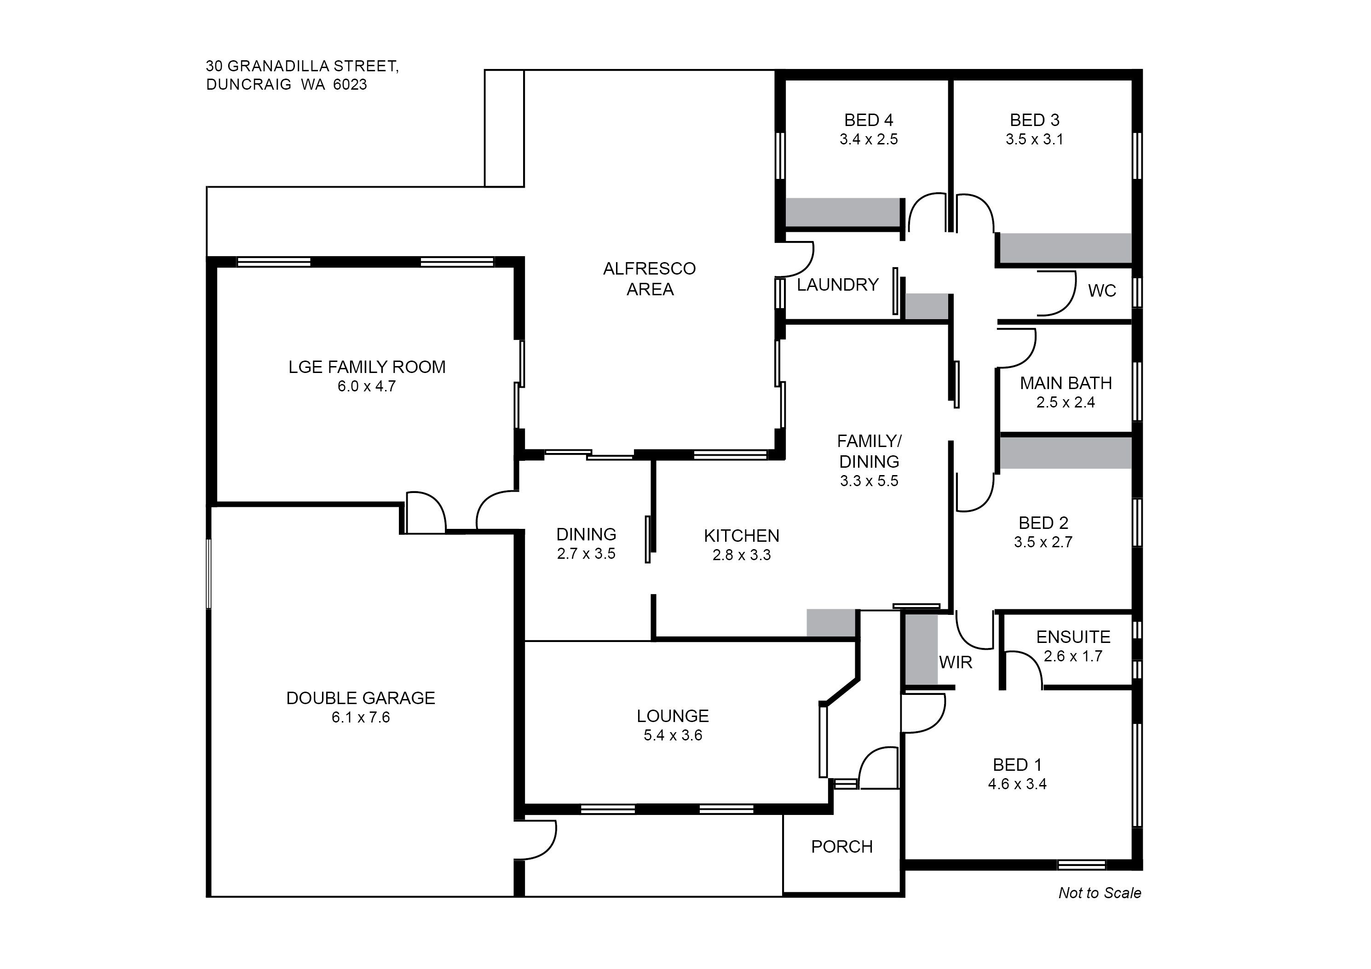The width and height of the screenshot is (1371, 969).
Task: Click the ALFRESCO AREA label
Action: tap(650, 279)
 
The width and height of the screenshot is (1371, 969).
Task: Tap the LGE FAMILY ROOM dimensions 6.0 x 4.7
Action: tap(367, 386)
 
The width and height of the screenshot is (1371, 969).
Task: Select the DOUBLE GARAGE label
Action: tap(361, 698)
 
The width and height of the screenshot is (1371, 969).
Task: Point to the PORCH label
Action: tap(842, 847)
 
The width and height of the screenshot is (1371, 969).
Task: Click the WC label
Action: tap(1102, 291)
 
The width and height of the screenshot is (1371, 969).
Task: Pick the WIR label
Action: tap(956, 662)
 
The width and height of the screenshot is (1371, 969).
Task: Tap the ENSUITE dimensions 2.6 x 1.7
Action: tap(1073, 656)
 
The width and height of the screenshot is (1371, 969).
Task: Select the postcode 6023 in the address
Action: tap(350, 84)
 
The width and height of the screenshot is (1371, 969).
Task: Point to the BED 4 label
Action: tap(869, 120)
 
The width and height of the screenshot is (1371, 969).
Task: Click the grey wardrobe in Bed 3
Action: tap(1066, 248)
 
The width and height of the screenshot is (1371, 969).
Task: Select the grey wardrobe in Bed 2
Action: tap(1066, 453)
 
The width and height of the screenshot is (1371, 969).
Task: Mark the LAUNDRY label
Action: tap(838, 285)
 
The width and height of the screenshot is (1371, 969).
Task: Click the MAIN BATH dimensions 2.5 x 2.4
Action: tap(1066, 402)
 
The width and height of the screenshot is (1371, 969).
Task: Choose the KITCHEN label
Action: tap(742, 535)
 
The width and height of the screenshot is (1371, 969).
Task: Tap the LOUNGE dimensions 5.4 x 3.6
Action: tap(673, 735)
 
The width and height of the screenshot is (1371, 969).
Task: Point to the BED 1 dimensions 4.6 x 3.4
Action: tap(1018, 784)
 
